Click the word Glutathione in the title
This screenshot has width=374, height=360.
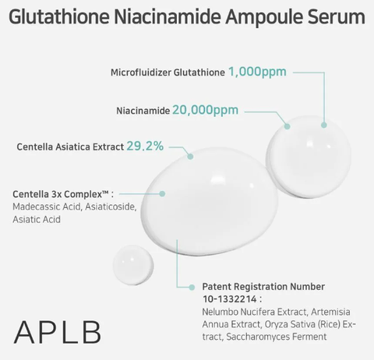[x=59, y=17]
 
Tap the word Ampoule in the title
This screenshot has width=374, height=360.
[x=263, y=18]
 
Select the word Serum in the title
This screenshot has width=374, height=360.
[x=337, y=17]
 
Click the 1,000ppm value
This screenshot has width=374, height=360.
[x=257, y=72]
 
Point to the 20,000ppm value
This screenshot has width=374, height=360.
[x=205, y=110]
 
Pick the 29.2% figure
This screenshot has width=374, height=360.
[x=145, y=146]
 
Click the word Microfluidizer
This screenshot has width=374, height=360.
[x=141, y=72]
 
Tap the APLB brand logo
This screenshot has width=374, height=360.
[x=58, y=332]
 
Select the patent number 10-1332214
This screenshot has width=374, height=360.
[x=230, y=299]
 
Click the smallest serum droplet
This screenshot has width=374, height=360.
[x=133, y=265]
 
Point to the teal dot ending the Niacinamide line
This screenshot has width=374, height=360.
[x=287, y=126]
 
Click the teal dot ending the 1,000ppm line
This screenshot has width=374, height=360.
[x=323, y=125]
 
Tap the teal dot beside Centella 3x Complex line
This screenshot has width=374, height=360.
[x=162, y=194]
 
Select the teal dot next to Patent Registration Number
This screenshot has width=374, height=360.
[x=192, y=288]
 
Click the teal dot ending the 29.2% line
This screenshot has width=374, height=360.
[x=190, y=157]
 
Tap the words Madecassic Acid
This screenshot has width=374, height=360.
[x=47, y=207]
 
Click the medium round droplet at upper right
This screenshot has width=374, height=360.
[x=309, y=157]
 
